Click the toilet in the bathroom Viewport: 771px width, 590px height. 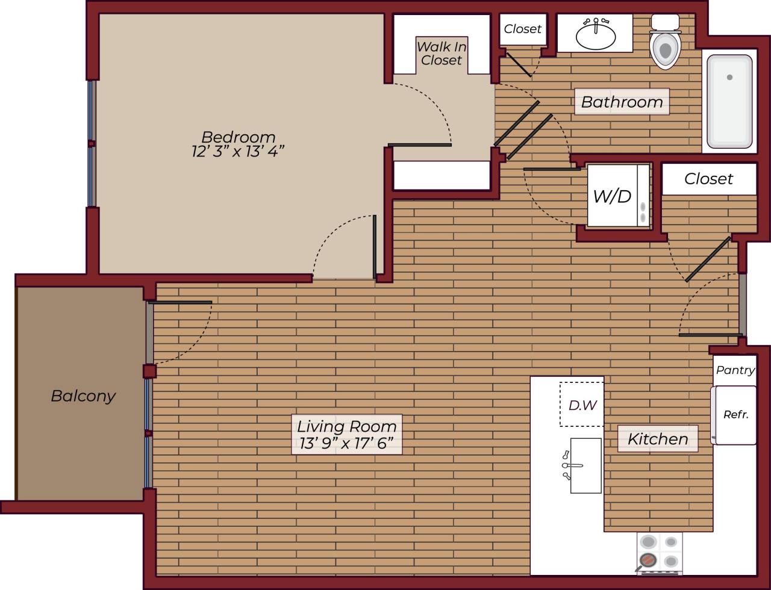[665, 48]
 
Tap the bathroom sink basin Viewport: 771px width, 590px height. [595, 37]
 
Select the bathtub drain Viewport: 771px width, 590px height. [729, 77]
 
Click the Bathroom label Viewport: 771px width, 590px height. [622, 102]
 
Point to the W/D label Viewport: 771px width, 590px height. [612, 196]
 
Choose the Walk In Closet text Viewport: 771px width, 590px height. [442, 53]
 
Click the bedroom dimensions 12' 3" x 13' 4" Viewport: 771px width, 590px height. [238, 151]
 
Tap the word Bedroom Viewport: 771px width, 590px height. [238, 137]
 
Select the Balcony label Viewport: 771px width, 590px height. [83, 396]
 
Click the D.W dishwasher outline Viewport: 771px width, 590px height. [582, 405]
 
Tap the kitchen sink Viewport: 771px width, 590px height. [585, 465]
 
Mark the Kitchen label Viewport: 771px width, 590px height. [658, 439]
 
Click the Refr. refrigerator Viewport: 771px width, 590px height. [735, 415]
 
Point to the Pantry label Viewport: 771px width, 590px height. [735, 370]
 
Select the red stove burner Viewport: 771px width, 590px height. [648, 560]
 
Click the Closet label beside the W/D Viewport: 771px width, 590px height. [708, 179]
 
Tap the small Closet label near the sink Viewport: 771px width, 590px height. [522, 29]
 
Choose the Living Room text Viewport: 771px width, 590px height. [346, 426]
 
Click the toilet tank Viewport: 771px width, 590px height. [665, 22]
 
